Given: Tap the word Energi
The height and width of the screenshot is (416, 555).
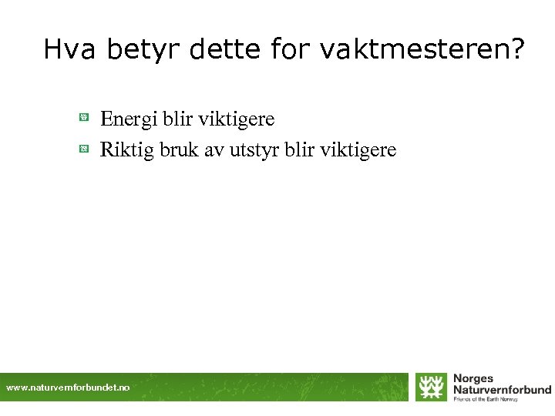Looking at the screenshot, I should (x=127, y=119).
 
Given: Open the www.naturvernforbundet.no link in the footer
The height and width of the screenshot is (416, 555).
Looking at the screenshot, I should (x=69, y=387).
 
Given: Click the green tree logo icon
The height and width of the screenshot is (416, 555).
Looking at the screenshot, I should (x=431, y=387).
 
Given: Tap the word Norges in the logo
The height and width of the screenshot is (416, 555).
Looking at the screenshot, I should (x=473, y=379).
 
